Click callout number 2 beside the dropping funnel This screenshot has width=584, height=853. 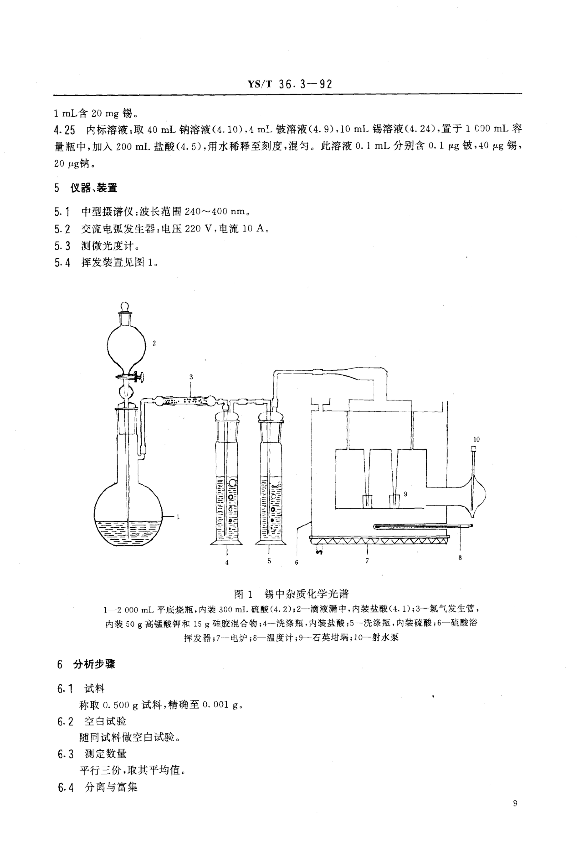coord(154,344)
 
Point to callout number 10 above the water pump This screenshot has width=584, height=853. coord(476,439)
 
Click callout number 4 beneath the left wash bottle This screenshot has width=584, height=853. coord(227,562)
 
